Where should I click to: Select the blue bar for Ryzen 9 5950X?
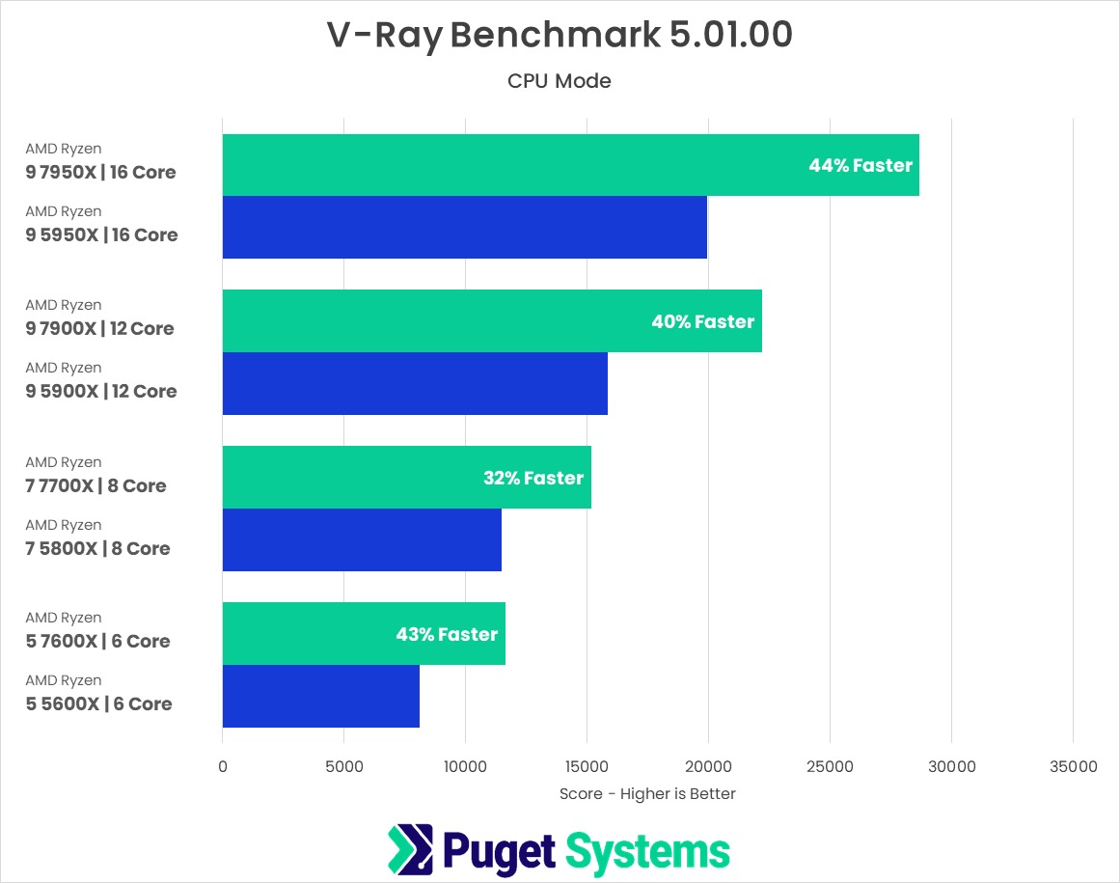[464, 228]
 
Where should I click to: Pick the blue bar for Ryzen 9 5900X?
[415, 384]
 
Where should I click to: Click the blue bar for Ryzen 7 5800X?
[362, 540]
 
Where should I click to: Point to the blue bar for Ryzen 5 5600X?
[320, 697]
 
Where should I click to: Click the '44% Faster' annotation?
[860, 166]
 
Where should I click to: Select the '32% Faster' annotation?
[533, 479]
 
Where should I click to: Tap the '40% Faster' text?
[702, 322]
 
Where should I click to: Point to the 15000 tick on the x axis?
[587, 767]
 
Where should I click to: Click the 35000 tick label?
[1073, 767]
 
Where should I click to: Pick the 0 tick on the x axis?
[223, 767]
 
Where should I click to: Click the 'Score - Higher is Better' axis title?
[647, 794]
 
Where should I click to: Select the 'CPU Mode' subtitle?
[560, 81]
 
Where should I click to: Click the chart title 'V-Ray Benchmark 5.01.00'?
[560, 35]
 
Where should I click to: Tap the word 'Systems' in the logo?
[647, 851]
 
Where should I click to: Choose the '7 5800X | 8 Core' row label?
[97, 548]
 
